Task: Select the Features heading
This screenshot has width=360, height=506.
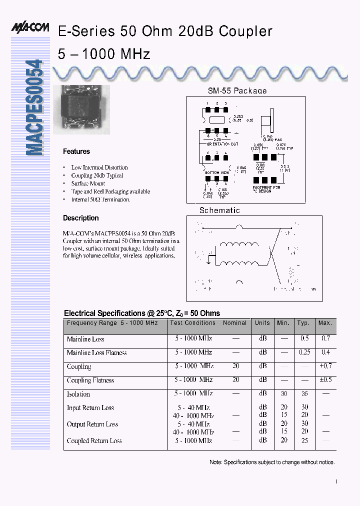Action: point(76,151)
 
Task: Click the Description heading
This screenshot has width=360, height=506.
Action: point(80,218)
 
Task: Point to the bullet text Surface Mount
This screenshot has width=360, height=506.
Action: point(88,183)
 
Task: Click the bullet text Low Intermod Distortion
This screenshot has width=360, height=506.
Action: point(99,167)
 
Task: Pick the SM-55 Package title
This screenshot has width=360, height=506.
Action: point(237,91)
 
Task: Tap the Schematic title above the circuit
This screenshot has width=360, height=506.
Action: point(219,210)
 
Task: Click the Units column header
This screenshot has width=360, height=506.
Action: point(262,323)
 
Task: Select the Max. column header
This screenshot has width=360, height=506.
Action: point(325,323)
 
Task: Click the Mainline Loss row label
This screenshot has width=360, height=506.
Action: point(85,339)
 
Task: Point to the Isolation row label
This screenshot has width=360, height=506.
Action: point(78,394)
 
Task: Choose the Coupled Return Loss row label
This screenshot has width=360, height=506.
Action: point(94,440)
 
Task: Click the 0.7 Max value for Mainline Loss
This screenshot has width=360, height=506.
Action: point(325,338)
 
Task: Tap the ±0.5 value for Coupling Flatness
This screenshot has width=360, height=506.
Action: point(325,380)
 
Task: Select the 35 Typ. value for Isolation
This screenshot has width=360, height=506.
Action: point(304,393)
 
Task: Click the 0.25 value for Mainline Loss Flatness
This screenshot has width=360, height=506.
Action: point(304,352)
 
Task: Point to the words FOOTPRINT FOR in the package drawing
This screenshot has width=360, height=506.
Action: point(266,187)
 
